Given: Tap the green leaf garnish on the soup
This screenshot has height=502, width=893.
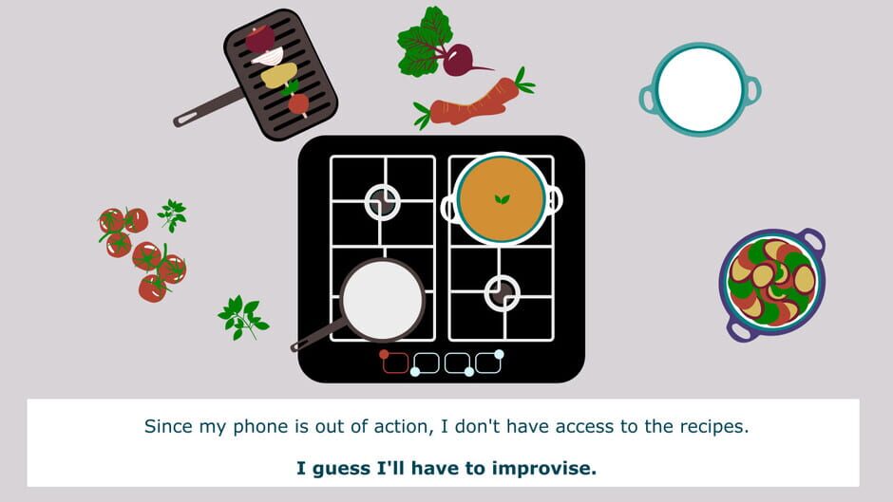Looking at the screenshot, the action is tap(502, 199).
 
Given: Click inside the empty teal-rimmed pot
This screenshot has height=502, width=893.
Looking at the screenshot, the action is tap(700, 89).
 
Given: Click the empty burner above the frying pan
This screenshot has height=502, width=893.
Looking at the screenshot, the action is tap(382, 202).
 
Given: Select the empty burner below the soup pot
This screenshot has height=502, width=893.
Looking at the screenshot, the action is tap(502, 293).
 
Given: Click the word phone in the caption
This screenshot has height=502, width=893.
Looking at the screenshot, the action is tap(261, 427).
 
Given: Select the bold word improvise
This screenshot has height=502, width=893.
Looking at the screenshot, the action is tap(544, 468).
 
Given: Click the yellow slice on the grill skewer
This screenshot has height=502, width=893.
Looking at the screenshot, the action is tap(278, 75).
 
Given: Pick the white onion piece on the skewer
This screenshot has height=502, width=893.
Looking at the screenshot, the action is tap(268, 57).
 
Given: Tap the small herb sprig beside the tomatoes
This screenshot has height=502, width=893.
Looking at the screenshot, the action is tap(172, 215).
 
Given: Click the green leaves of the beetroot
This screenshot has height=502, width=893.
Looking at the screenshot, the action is tap(423, 42).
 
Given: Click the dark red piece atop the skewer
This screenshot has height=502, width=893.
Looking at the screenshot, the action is tap(260, 39).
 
